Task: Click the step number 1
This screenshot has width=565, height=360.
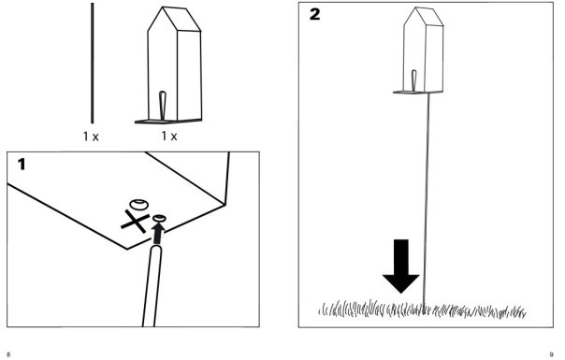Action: click(22, 164)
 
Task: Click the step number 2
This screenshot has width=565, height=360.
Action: click(314, 14)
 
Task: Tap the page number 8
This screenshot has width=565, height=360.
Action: click(8, 354)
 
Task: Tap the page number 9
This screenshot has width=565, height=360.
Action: click(551, 354)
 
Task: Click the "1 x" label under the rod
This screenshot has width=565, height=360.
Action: click(91, 137)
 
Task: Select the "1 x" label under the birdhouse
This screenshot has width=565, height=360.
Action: click(169, 136)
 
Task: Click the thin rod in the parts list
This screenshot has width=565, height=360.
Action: click(93, 63)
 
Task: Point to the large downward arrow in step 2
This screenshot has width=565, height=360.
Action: click(401, 266)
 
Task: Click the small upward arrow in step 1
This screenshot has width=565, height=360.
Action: click(158, 234)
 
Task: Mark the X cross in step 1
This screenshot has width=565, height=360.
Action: click(135, 221)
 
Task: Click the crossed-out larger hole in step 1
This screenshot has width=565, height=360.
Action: click(139, 205)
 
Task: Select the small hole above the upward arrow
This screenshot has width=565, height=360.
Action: click(159, 218)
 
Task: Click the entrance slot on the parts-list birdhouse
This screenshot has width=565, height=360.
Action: click(163, 106)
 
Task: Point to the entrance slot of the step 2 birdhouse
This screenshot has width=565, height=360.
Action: click(413, 80)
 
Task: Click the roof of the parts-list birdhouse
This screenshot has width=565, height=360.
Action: click(174, 19)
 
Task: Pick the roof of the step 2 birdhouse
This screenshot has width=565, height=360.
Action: click(424, 16)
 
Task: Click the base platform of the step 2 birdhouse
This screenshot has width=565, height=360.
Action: click(418, 93)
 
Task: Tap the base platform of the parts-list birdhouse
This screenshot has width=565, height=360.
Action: click(168, 122)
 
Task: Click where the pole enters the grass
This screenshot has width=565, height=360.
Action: click(424, 308)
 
